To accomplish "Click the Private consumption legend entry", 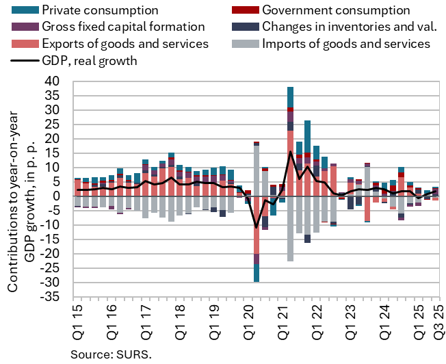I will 100,10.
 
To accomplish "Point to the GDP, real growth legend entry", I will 86,60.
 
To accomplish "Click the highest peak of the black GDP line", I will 291,151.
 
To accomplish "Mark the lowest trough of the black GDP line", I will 257,227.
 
